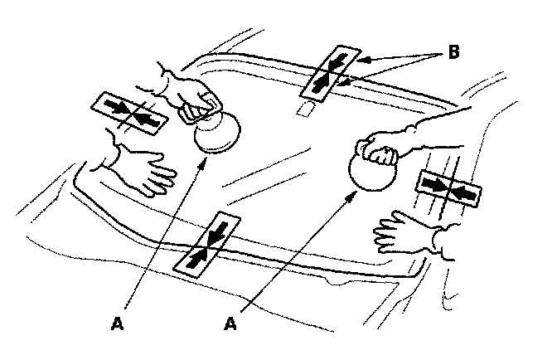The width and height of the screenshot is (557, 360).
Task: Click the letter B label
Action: pos(453,51)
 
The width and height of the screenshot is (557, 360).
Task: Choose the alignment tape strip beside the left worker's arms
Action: pos(129,114)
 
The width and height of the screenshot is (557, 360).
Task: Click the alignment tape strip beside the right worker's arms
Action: pos(448,188)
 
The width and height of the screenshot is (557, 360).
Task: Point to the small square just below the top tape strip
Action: pos(307,109)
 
